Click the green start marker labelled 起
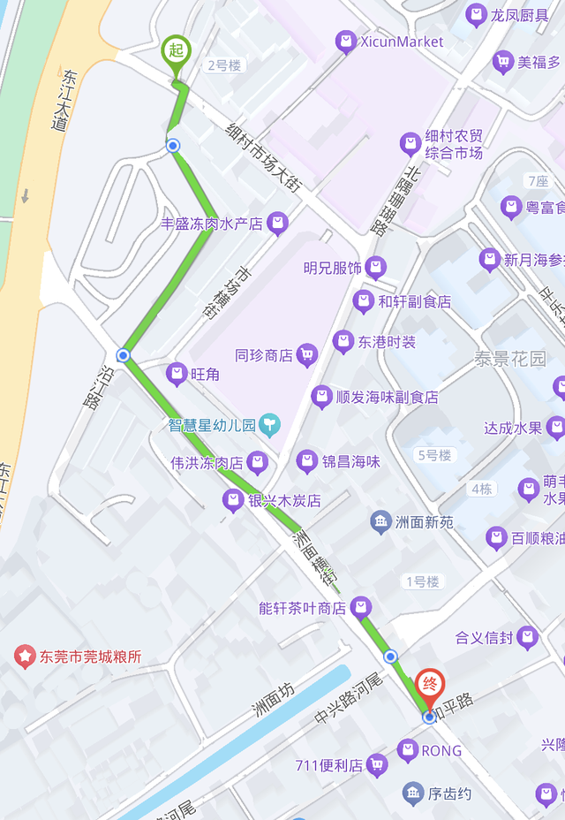coord(176,49)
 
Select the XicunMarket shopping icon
coord(345,41)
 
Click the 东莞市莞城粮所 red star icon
coord(25,657)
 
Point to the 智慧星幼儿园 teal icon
coord(269,425)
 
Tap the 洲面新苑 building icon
coord(380,522)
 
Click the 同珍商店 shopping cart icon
coord(306,355)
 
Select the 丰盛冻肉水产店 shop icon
coord(277,224)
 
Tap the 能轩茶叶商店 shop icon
coord(359,608)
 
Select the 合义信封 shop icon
coord(527,637)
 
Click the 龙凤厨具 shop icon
coord(477,15)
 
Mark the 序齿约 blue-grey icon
coord(413,793)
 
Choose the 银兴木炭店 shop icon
coord(233,501)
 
